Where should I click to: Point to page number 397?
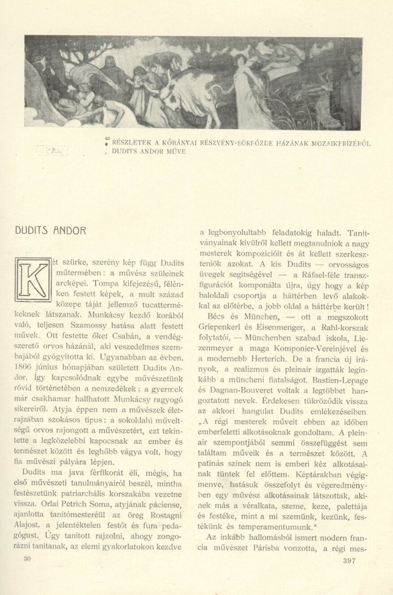352,576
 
